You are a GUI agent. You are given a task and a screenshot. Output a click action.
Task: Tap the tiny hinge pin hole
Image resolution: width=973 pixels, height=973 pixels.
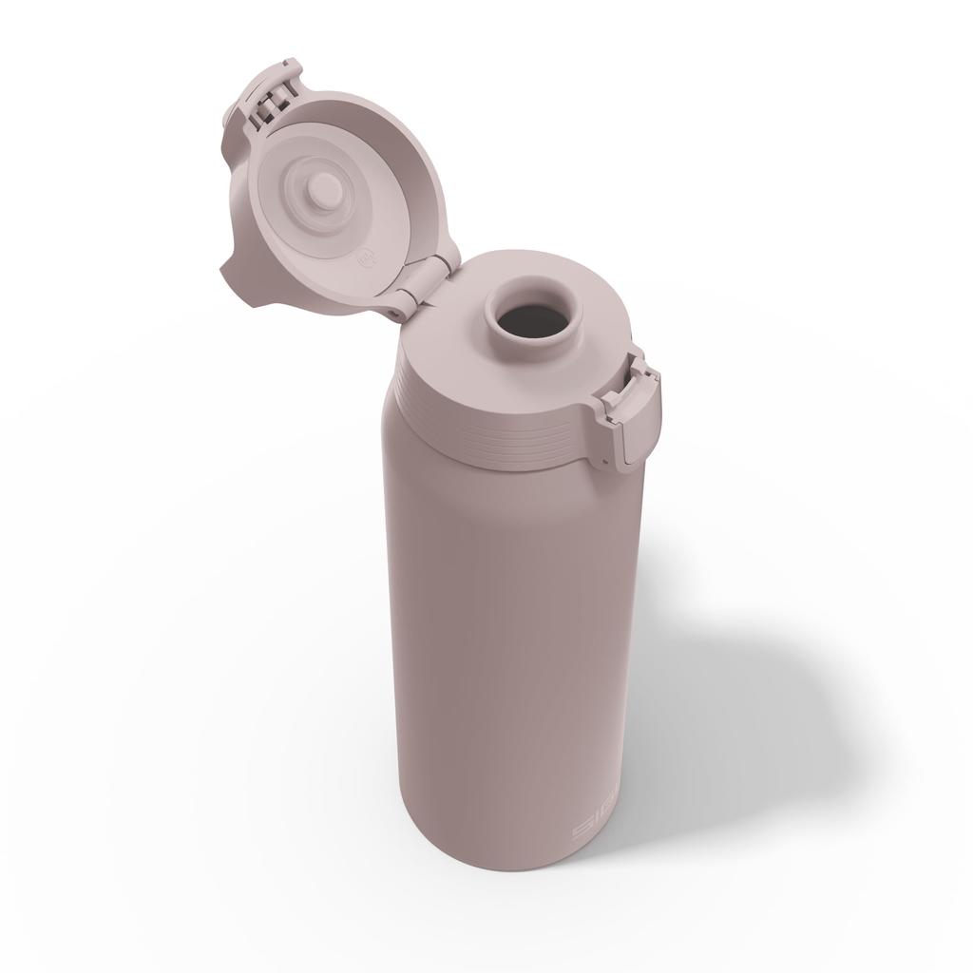[393, 313]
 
